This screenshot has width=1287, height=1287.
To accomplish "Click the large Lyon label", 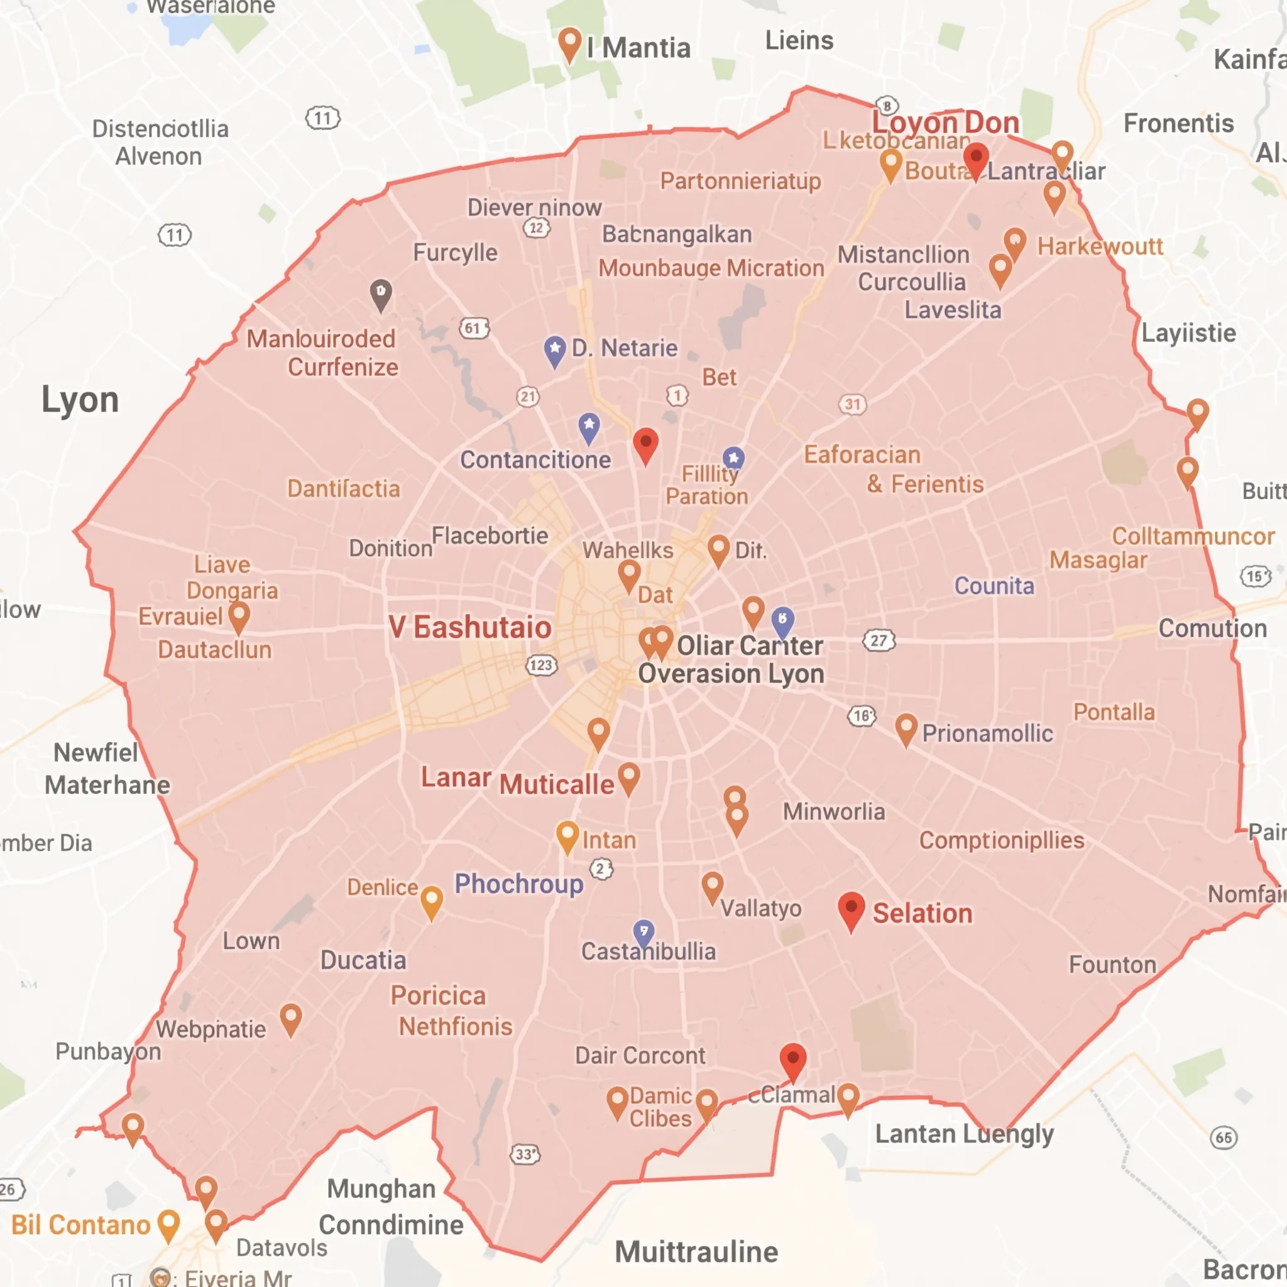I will [80, 400].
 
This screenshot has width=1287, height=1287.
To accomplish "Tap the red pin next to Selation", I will [851, 909].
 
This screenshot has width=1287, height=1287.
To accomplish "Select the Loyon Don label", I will [946, 123].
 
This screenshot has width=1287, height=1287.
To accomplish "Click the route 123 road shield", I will [542, 665].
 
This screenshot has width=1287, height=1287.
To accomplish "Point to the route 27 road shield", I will [879, 641].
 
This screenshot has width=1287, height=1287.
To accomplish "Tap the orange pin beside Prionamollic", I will [906, 729].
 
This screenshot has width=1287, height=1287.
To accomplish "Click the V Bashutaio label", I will [470, 628].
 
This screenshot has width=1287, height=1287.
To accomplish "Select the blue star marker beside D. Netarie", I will [555, 349].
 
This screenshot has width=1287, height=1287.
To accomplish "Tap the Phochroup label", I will [519, 884].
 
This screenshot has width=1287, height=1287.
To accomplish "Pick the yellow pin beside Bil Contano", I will [168, 1224].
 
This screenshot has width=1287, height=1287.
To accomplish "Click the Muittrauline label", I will [696, 1252].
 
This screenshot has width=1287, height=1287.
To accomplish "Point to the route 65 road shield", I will [1224, 1137].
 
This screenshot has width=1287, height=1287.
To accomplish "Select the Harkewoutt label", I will [1100, 246].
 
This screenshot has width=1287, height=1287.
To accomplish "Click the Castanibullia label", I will [648, 951].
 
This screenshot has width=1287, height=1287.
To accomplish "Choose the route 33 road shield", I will [525, 1154].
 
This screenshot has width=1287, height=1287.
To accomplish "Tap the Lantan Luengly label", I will [964, 1133].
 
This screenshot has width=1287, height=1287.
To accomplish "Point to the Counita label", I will [994, 586].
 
